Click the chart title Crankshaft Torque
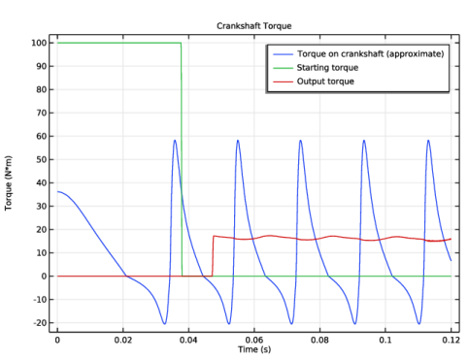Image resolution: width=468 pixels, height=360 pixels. tap(254, 26)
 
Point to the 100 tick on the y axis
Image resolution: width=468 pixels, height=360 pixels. tap(39, 43)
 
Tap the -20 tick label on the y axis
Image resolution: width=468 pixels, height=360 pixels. tap(40, 323)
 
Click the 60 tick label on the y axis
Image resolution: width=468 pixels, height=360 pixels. tap(42, 136)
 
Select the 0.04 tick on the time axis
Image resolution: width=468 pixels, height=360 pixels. tap(188, 341)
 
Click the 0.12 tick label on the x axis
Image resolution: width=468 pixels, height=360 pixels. tap(451, 341)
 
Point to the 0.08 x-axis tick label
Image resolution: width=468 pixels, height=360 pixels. tap(319, 341)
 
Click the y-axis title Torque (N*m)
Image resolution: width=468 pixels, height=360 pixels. tap(8, 183)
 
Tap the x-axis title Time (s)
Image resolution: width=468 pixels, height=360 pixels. tap(254, 349)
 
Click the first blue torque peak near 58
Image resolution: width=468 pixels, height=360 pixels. tap(175, 140)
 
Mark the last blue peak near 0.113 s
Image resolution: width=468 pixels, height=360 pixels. tap(428, 140)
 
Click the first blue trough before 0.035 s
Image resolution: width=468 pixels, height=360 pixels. tap(164, 324)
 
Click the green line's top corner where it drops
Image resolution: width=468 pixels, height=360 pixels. tap(181, 43)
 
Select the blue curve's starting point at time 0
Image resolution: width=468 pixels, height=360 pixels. tap(57, 191)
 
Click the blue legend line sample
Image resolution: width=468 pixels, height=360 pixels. tap(283, 54)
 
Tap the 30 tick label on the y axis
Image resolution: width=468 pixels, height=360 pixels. tap(42, 206)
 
